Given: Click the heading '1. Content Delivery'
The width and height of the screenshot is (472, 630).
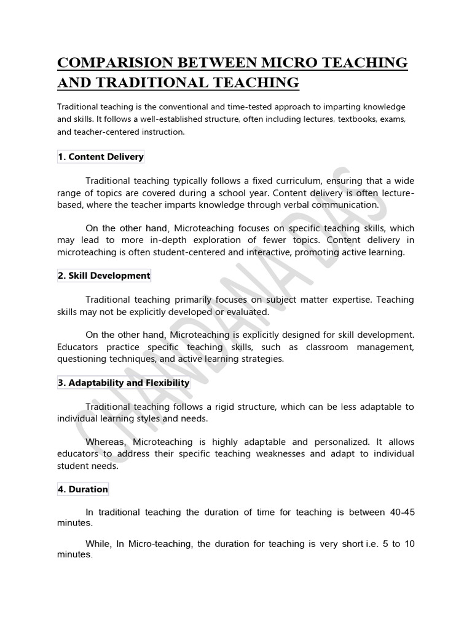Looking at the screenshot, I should [x=101, y=157].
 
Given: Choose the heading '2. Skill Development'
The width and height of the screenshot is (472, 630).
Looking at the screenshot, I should [x=104, y=276].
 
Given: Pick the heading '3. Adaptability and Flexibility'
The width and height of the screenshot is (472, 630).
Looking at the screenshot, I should [x=124, y=383].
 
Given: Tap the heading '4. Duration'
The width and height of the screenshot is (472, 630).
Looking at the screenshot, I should [x=83, y=490].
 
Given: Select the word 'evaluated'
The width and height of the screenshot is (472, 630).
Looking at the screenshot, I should [x=248, y=312].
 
